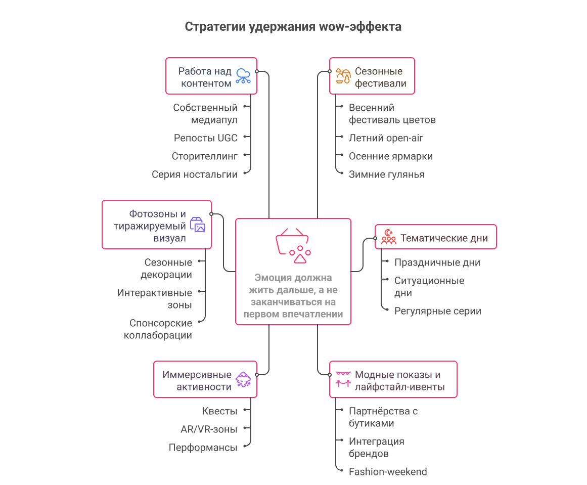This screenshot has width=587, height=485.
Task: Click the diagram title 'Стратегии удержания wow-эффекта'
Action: coord(293,27)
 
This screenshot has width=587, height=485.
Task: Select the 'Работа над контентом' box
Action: coord(211,76)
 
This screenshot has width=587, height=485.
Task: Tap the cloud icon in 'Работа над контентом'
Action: coord(243,76)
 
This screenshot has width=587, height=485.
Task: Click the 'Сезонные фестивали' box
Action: coord(372,76)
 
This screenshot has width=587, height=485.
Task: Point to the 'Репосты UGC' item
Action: coord(205,138)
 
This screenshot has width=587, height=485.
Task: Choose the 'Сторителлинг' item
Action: coord(204,156)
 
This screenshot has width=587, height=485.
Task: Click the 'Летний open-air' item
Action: coord(385,138)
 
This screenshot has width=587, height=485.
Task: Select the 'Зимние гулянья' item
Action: coord(386,174)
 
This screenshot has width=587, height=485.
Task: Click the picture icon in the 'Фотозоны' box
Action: coord(197,225)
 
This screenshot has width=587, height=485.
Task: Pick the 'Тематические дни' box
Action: coord(435,237)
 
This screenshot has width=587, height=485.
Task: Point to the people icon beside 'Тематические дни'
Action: coord(388,237)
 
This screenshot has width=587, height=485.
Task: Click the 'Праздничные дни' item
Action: coord(437,262)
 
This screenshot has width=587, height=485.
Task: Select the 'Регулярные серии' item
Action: coord(437,311)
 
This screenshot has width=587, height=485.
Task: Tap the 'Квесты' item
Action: coord(219,411)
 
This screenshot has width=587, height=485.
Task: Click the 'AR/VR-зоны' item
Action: coord(209,429)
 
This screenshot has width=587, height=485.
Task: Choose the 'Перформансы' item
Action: coord(203,448)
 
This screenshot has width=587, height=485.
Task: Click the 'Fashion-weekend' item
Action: coord(388,472)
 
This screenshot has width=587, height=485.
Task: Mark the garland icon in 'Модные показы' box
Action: coord(343,380)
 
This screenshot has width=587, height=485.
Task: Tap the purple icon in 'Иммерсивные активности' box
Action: coord(243,380)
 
